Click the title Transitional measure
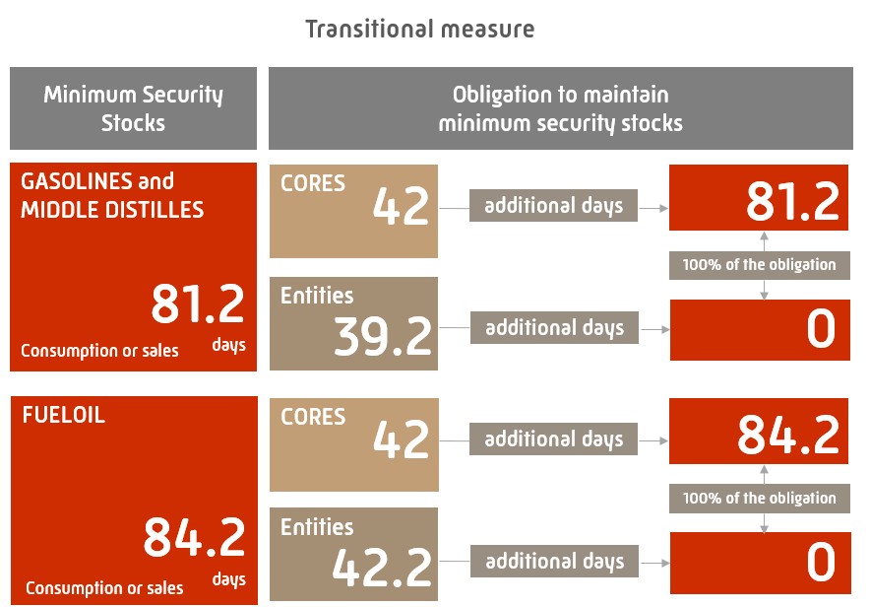pyautogui.click(x=419, y=29)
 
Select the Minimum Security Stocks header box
pyautogui.click(x=133, y=108)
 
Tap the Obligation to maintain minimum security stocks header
pyautogui.click(x=560, y=108)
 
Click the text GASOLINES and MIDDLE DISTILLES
pyautogui.click(x=112, y=195)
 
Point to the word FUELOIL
pyautogui.click(x=63, y=415)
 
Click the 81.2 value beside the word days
pyautogui.click(x=197, y=304)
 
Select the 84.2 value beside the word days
pyautogui.click(x=194, y=538)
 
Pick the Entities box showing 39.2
pyautogui.click(x=353, y=324)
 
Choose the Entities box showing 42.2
pyautogui.click(x=353, y=555)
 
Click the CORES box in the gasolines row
pyautogui.click(x=353, y=211)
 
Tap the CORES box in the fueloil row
pyautogui.click(x=353, y=444)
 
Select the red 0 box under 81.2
pyautogui.click(x=758, y=330)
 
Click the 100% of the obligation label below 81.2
pyautogui.click(x=759, y=264)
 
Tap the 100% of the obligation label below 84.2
pyautogui.click(x=759, y=498)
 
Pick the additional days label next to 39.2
pyautogui.click(x=554, y=328)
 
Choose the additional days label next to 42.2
pyautogui.click(x=554, y=562)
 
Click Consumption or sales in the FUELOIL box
pyautogui.click(x=104, y=588)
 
